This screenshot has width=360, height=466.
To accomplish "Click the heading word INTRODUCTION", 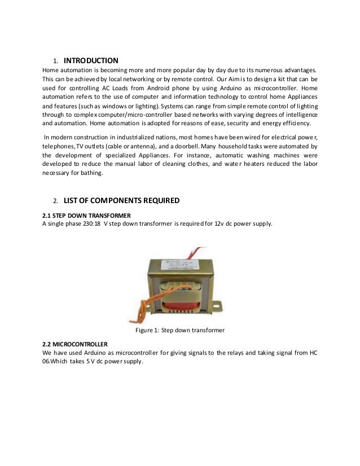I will coord(91,60).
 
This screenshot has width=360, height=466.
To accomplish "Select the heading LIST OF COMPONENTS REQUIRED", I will coord(122,200).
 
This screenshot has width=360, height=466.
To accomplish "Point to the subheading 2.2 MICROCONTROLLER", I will coord(75,344).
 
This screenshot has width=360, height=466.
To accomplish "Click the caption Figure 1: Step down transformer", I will coord(180,329).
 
